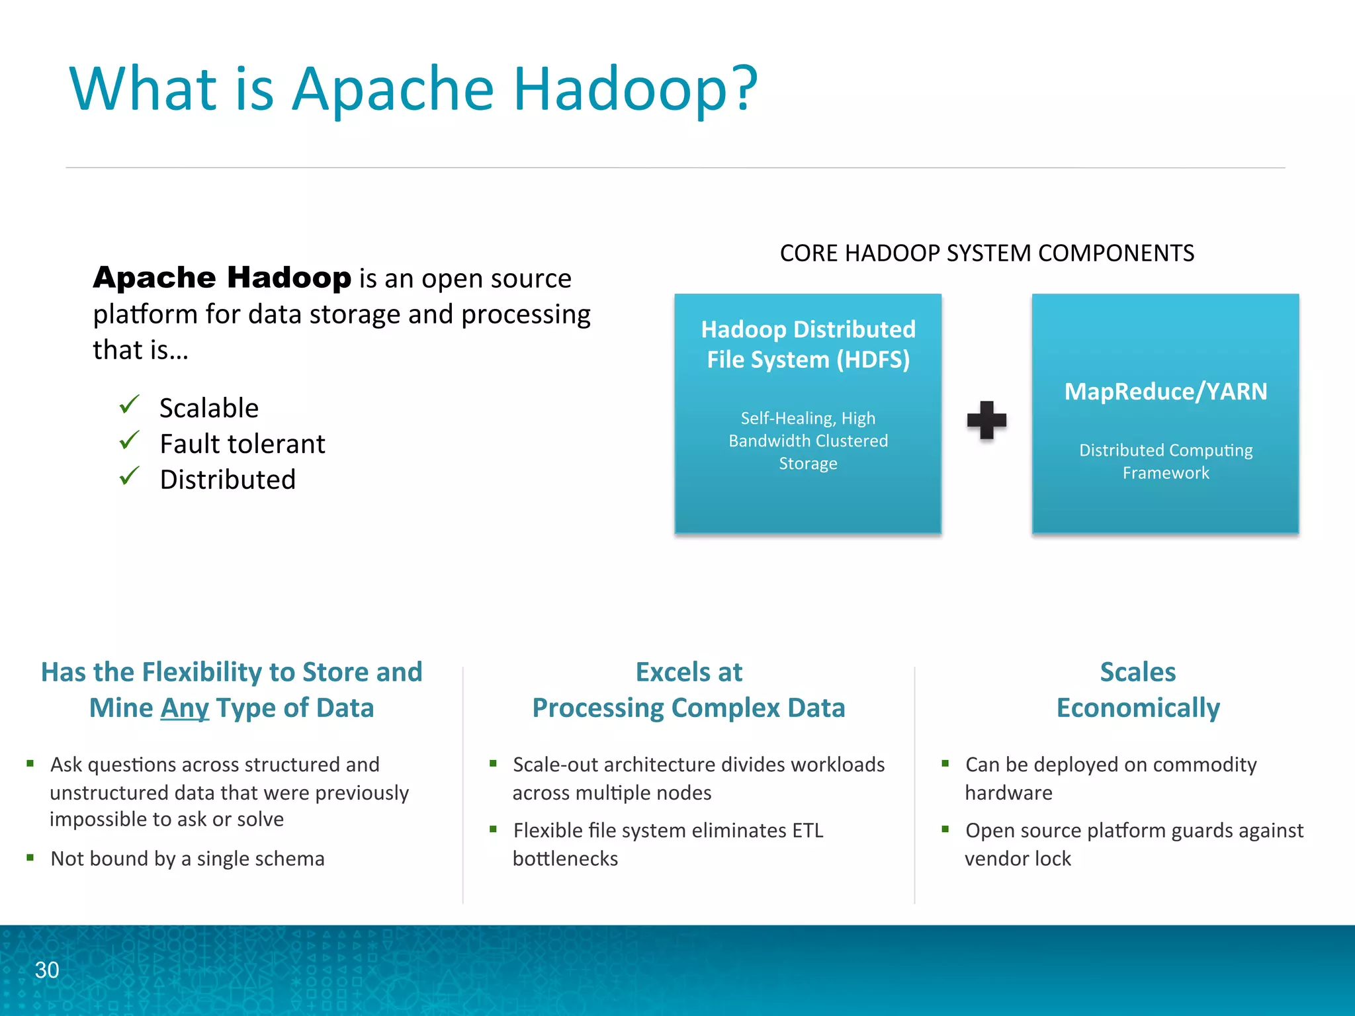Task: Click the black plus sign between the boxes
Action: click(x=986, y=420)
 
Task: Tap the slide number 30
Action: click(x=47, y=970)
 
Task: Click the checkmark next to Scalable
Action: click(x=129, y=404)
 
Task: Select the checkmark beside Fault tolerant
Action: click(x=129, y=440)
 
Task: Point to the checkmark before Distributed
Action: click(x=129, y=476)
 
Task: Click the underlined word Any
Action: click(x=185, y=708)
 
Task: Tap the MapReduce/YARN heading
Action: click(x=1166, y=391)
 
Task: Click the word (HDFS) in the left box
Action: click(x=873, y=360)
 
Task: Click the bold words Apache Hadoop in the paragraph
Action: click(x=222, y=277)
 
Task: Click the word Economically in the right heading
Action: click(x=1138, y=708)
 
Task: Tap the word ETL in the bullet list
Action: click(x=807, y=830)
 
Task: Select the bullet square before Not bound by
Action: click(x=30, y=857)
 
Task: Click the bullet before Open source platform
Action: click(x=945, y=829)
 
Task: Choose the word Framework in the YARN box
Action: click(x=1166, y=473)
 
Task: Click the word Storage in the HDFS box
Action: click(x=808, y=464)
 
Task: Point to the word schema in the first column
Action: click(x=296, y=859)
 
